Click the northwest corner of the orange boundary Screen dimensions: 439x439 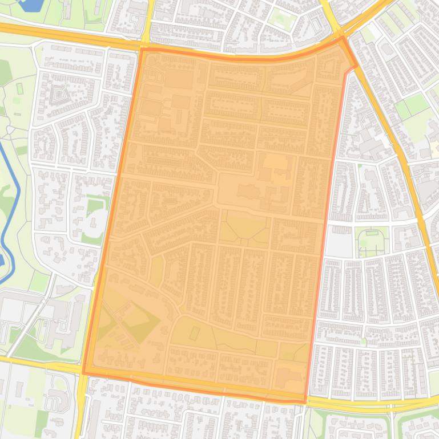tap(140, 50)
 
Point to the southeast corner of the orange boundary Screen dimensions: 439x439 tap(305, 401)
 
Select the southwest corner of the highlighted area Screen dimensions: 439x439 tap(84, 373)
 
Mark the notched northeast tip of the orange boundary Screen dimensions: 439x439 tap(356, 65)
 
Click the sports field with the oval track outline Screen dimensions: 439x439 tap(372, 239)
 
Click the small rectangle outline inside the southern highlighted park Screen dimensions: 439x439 tap(194, 332)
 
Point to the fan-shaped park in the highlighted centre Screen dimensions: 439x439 tap(244, 228)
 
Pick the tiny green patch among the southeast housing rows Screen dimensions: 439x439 tap(363, 342)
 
